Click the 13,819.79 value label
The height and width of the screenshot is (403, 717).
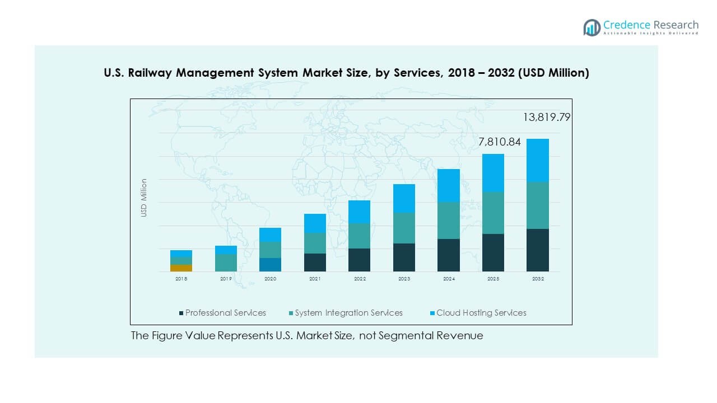[547, 118]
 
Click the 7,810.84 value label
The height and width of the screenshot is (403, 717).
[500, 142]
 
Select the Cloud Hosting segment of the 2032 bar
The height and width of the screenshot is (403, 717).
[538, 161]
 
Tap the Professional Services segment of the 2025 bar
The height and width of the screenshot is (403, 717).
[493, 252]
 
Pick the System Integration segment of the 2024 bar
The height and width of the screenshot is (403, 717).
[449, 221]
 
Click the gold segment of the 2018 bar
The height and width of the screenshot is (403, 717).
[181, 268]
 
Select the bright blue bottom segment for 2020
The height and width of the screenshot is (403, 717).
[270, 265]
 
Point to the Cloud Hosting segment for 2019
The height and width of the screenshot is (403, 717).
[226, 250]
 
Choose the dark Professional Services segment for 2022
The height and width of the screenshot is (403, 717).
[359, 260]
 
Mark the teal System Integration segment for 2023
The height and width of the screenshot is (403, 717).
[404, 228]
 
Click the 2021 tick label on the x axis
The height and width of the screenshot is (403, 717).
[315, 278]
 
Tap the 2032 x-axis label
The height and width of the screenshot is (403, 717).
[538, 278]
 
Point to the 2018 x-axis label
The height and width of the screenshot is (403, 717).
[181, 278]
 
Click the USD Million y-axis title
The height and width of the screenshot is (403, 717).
[144, 198]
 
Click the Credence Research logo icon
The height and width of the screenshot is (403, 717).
[592, 27]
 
